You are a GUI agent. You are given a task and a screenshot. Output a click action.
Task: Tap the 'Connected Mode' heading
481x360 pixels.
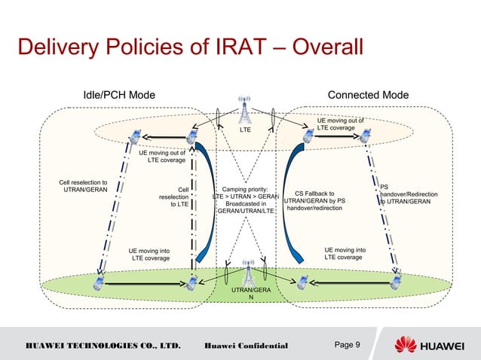pos(369,95)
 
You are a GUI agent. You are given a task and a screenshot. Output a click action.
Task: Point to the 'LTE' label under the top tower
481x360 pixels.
pos(245,130)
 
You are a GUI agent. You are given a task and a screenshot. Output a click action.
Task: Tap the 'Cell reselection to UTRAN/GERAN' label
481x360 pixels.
pos(83,186)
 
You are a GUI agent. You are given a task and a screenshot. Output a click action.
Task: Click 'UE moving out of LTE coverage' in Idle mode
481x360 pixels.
pos(162,156)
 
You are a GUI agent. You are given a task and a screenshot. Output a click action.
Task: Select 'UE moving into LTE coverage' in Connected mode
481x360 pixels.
pos(345,253)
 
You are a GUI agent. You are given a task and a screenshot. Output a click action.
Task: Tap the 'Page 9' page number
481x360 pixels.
pos(346,346)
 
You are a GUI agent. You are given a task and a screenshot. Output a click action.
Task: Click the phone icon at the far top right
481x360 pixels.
pos(366,136)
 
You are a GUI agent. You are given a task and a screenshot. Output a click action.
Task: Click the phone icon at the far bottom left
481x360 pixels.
pos(98,282)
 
